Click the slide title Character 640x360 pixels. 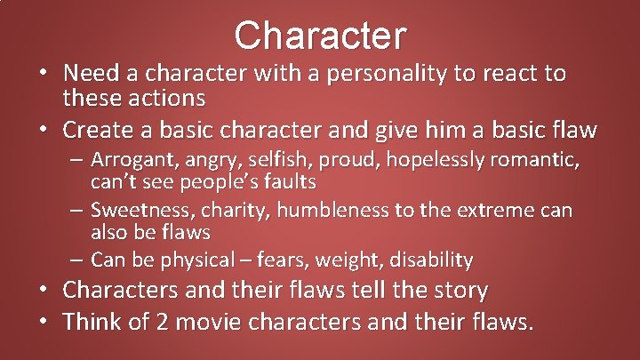(320, 36)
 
